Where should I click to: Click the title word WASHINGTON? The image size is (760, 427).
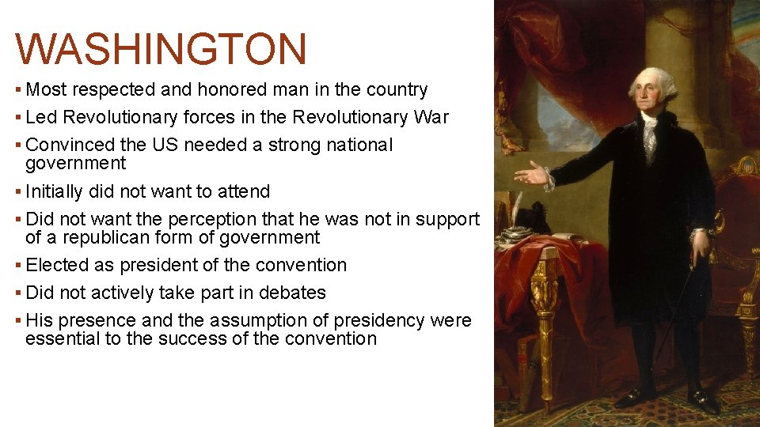[x=161, y=49]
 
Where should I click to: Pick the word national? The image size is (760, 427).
[x=358, y=145]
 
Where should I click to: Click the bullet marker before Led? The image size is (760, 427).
[x=19, y=118]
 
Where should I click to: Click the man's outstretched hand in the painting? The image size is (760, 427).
[x=529, y=173]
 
